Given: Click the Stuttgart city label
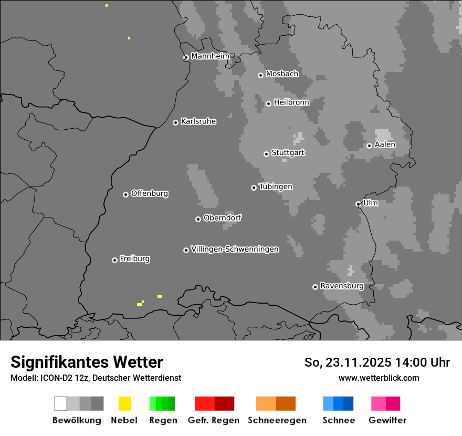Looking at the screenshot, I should [x=288, y=153].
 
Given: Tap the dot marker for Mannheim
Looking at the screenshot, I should [x=186, y=58].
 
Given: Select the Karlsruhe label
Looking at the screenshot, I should [x=198, y=121].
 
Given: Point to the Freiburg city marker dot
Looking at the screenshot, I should [x=114, y=260].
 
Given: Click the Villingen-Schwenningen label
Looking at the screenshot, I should [x=235, y=249].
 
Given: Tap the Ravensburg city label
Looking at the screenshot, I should [x=342, y=286].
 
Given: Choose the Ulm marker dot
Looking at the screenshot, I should [x=358, y=204].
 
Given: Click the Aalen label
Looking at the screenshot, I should [x=385, y=144].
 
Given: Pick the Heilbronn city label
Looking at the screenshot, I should [x=291, y=102].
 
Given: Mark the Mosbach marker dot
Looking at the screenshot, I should [x=260, y=75].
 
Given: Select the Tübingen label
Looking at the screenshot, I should [x=276, y=186].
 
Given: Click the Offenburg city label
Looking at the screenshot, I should [x=150, y=193].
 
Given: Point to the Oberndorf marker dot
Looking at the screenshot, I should [x=198, y=219].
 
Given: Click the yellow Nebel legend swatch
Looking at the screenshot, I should [x=125, y=403].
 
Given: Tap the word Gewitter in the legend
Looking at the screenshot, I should [x=387, y=420].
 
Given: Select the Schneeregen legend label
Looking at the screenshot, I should [x=277, y=420].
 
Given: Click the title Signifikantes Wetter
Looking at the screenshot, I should [x=87, y=362].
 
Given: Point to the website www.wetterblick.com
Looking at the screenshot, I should [x=379, y=378].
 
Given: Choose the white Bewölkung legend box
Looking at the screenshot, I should [x=61, y=403].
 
